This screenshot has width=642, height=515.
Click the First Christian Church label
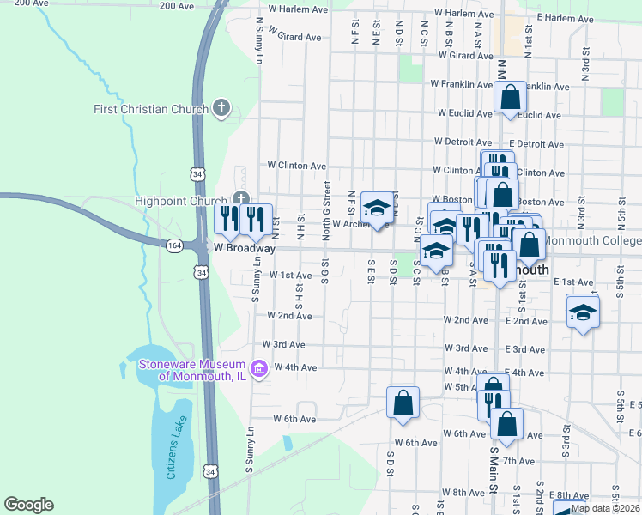pos(150,109)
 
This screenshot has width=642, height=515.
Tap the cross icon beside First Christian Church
pos(221,109)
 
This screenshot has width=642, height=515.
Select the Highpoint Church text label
pos(181,201)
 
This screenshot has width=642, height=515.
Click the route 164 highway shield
pos(173,245)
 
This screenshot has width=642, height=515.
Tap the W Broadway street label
pos(245,248)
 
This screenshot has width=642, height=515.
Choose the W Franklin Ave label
pos(463,84)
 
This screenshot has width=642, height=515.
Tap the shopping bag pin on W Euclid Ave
pos(510,98)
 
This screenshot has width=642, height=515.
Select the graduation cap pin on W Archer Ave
pos(376,209)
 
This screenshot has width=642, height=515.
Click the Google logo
pos(28,505)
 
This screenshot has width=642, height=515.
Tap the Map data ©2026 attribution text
pos(604,508)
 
